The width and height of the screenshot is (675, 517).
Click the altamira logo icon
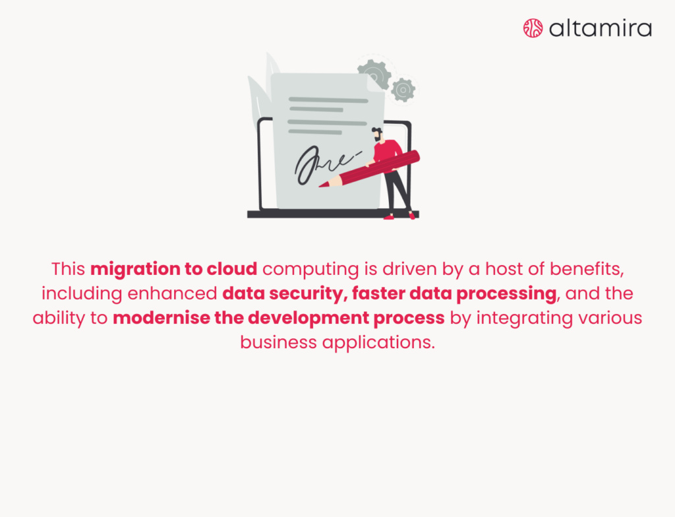(x=533, y=28)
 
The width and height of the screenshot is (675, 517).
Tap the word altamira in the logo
(x=600, y=28)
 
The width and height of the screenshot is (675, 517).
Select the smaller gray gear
(x=403, y=90)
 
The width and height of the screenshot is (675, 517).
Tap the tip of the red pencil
(x=324, y=185)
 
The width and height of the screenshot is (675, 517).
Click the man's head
(x=376, y=134)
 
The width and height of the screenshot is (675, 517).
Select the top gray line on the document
(x=328, y=100)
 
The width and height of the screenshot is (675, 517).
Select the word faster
(x=379, y=293)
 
